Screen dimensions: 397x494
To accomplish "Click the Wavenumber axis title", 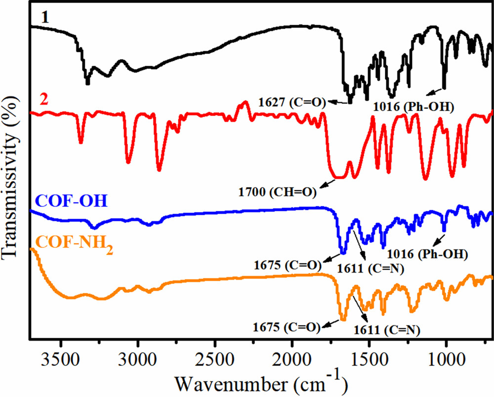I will point(261,381).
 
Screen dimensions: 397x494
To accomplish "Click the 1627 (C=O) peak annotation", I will point(291,102).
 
